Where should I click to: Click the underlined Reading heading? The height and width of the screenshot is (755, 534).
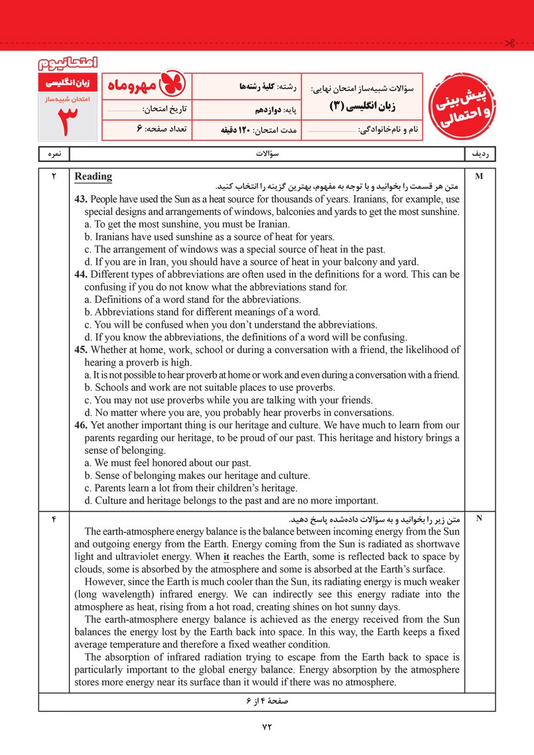[x=94, y=176]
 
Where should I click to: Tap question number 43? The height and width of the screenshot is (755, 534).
[x=82, y=199]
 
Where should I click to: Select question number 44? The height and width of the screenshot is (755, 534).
[x=82, y=274]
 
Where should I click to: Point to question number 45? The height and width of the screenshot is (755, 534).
[x=82, y=350]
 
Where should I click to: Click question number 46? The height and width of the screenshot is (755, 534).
[x=82, y=425]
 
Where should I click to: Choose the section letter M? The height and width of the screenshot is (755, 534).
[x=480, y=177]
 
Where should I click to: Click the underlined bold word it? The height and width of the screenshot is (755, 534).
[x=226, y=557]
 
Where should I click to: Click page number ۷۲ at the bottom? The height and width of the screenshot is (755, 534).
[x=267, y=726]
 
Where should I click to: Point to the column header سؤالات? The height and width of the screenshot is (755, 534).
[x=267, y=153]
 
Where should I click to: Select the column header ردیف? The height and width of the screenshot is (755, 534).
[x=480, y=153]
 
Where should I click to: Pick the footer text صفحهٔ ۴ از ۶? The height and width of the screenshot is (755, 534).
[x=267, y=701]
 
